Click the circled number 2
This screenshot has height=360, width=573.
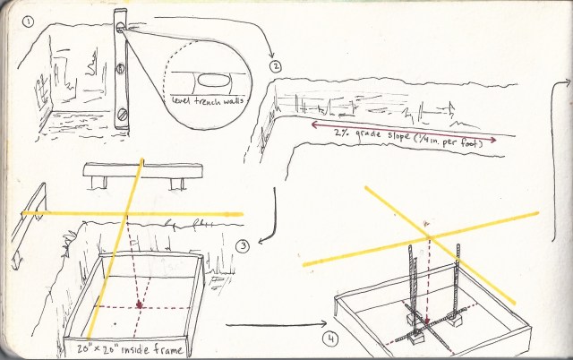(277, 64)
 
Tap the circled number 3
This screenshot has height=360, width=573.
(242, 246)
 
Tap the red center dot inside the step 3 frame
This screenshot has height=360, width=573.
(139, 307)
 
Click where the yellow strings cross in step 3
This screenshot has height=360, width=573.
(126, 214)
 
